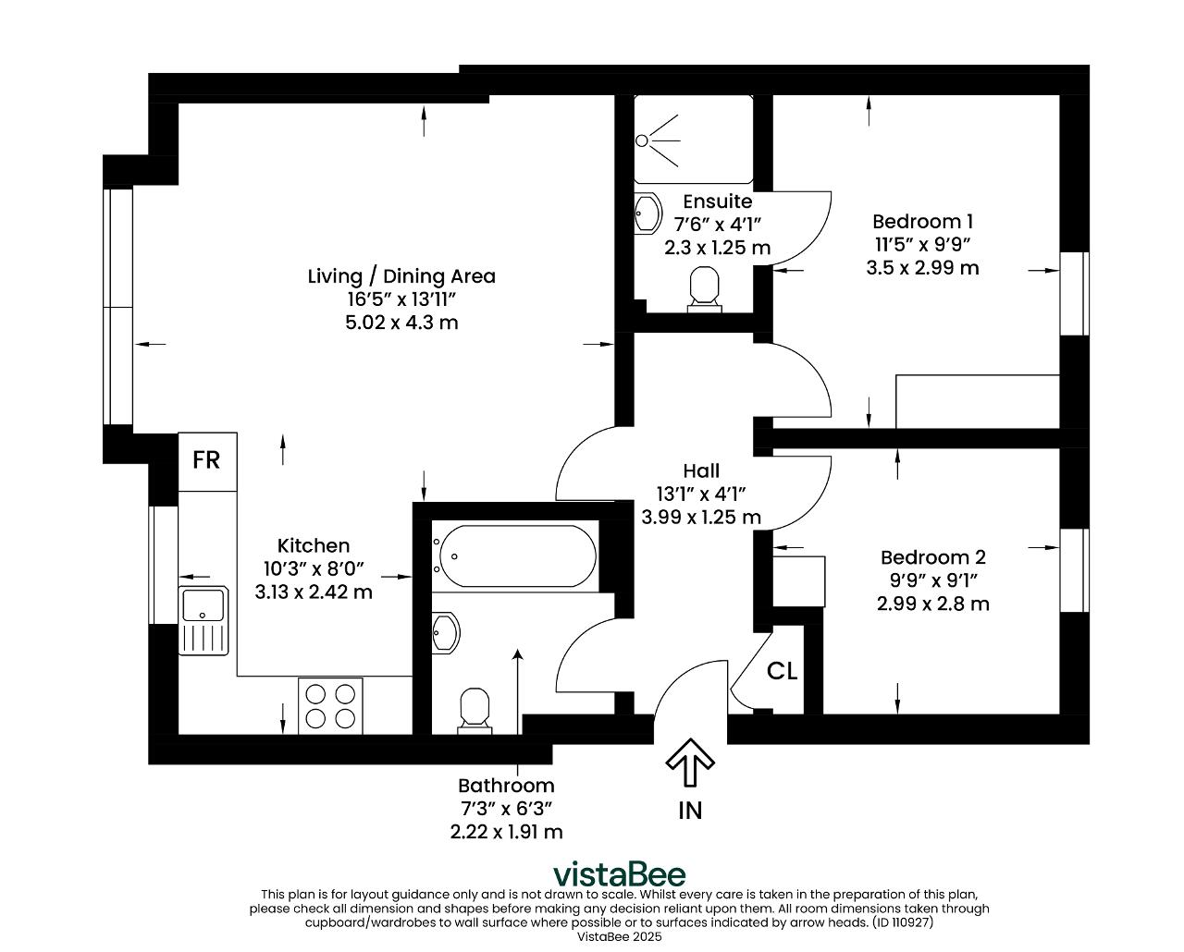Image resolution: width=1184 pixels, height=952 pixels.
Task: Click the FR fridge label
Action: pos(206,459)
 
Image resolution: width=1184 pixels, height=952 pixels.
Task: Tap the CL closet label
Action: pos(782,671)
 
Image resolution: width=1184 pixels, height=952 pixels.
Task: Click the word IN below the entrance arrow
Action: pos(690,811)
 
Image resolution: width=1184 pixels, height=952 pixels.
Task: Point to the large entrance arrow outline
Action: pos(690,763)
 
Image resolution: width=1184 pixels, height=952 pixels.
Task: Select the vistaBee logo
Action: pos(620,875)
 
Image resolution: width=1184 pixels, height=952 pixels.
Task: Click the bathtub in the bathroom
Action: pos(517,556)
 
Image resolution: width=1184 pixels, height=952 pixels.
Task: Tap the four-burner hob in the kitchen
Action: pos(330,706)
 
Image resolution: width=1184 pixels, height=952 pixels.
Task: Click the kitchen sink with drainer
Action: pos(203,620)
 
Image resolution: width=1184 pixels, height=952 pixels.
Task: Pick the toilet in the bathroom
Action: pos(475,711)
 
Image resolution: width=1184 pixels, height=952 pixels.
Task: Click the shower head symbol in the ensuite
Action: pos(657,140)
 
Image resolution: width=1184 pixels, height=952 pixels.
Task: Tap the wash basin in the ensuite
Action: pos(647,214)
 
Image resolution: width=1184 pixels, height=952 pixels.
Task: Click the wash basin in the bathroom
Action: pos(445,632)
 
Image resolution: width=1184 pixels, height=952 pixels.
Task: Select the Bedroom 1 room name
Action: pos(922,222)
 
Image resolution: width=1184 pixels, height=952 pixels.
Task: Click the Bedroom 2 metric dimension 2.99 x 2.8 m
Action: pos(933,604)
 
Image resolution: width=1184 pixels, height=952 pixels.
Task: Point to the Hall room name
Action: pos(701,470)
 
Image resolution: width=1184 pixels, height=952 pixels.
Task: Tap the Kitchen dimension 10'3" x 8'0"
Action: pos(314,568)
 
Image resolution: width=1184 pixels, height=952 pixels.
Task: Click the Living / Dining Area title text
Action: pos(401,276)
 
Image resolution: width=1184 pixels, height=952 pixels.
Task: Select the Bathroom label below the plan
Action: pos(506,786)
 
